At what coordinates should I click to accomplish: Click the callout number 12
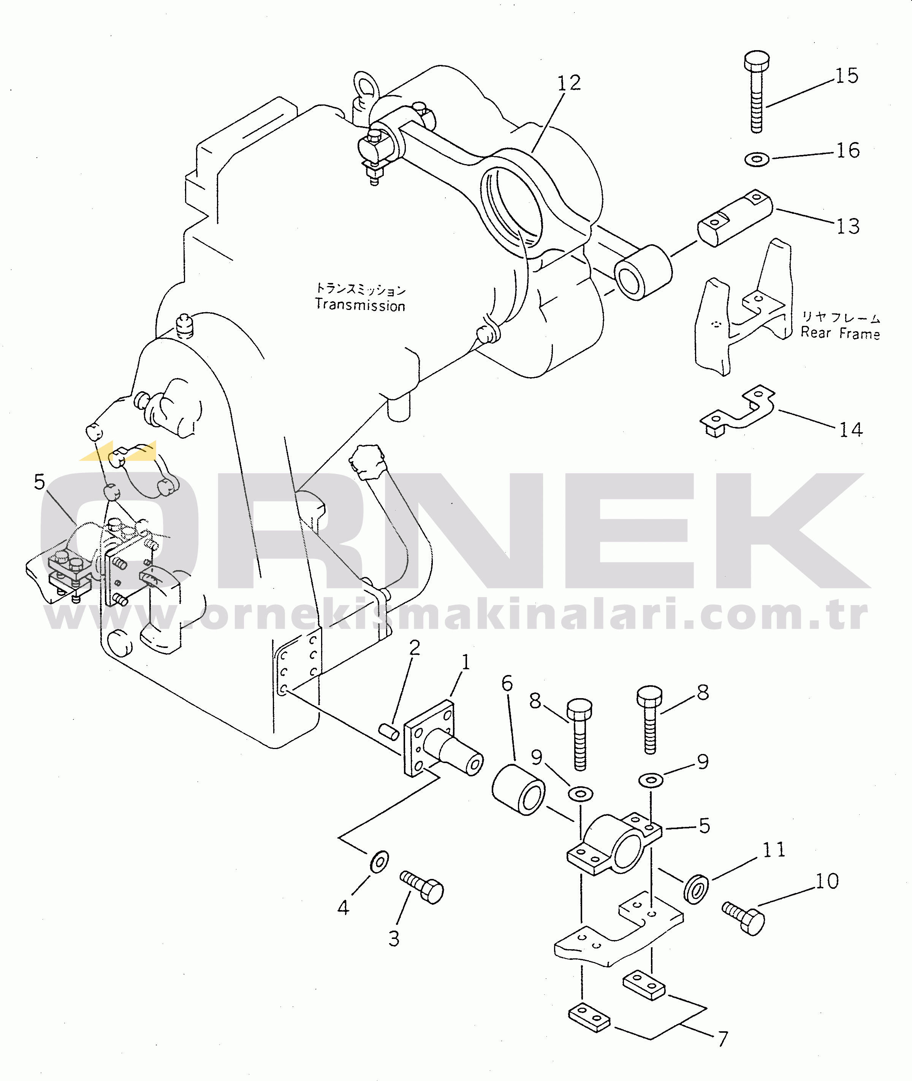point(569,83)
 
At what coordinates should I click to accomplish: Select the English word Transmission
point(360,305)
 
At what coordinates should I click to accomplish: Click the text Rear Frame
point(840,333)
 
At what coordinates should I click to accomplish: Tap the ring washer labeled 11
point(696,888)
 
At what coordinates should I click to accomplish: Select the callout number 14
point(850,430)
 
